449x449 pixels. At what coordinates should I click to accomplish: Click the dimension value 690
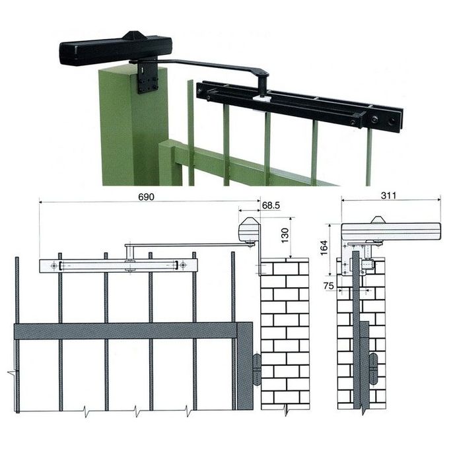(x=147, y=197)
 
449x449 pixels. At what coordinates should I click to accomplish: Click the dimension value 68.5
(x=270, y=206)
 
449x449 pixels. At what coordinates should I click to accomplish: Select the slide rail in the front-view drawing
(x=119, y=265)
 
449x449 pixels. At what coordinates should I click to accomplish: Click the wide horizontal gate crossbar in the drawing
(x=132, y=330)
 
